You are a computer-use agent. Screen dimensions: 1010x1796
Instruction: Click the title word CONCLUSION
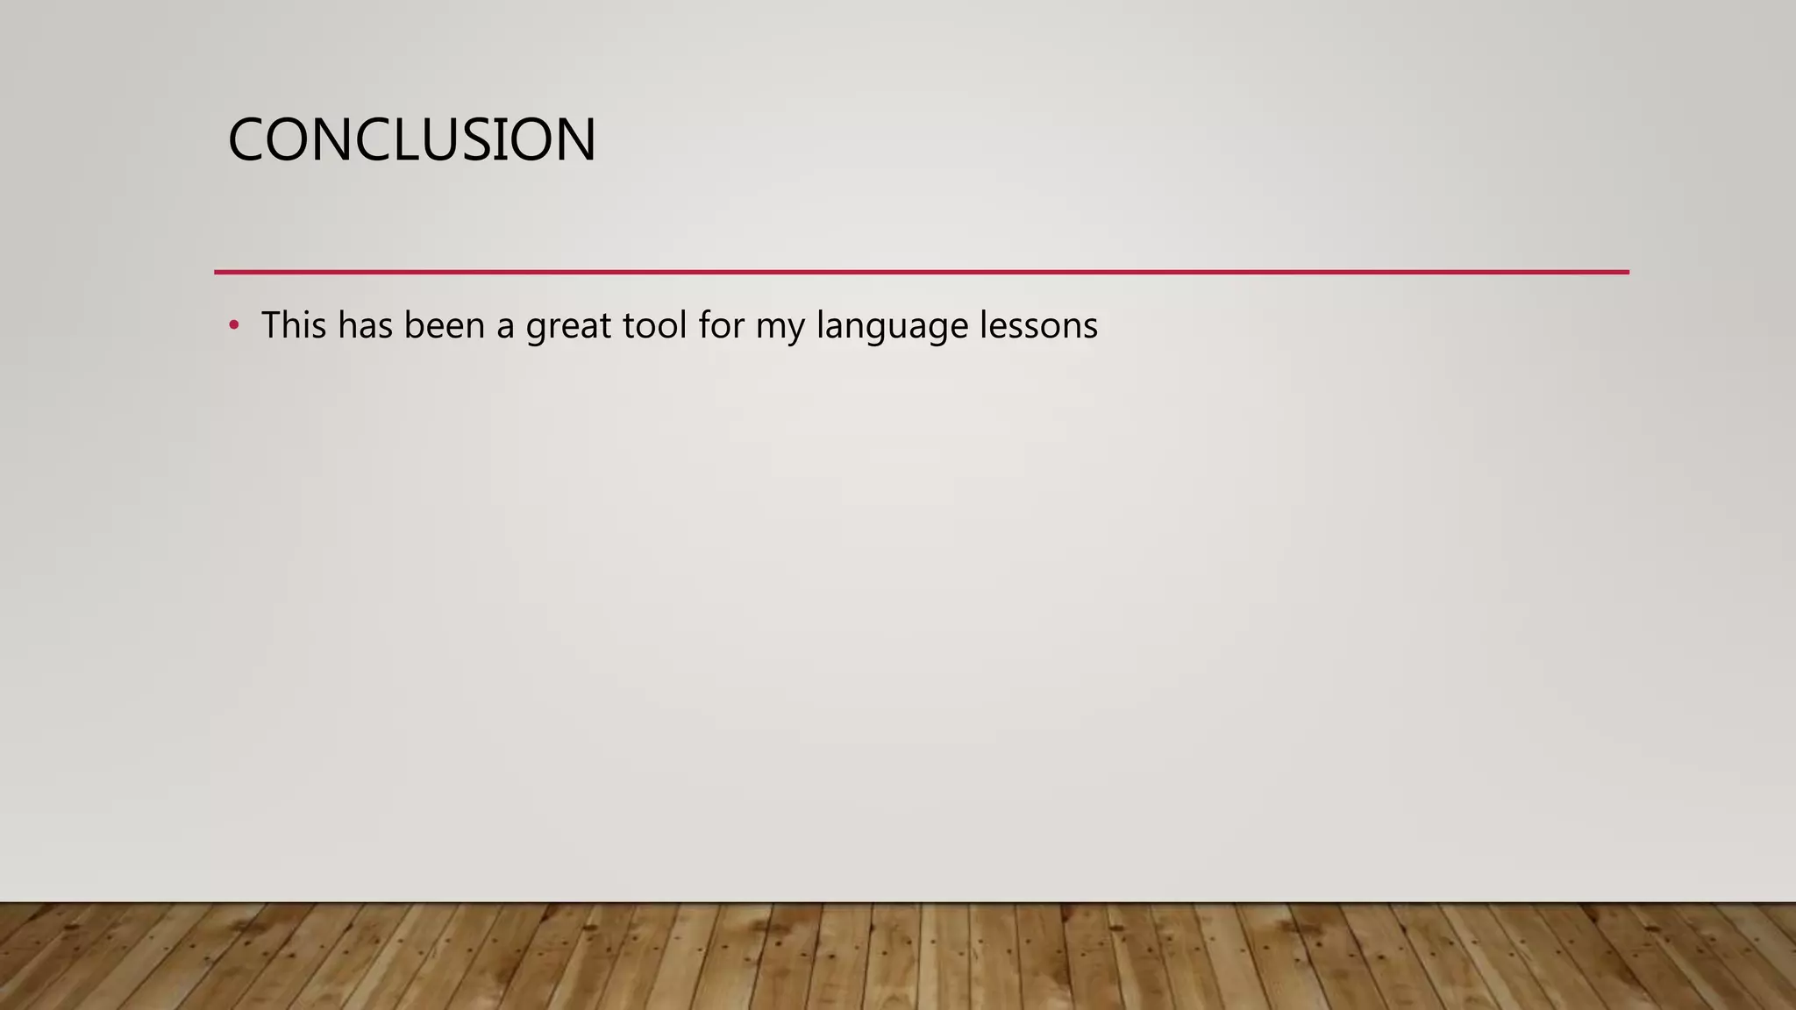[x=411, y=140]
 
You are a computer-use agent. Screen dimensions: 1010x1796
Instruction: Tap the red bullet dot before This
[x=233, y=326]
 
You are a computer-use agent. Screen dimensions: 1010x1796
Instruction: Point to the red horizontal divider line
[x=921, y=273]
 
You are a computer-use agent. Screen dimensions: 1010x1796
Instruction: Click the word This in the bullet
[x=294, y=325]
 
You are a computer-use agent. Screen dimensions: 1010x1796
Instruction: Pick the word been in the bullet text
[x=444, y=325]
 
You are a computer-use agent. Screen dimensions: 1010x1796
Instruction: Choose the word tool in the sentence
[x=655, y=325]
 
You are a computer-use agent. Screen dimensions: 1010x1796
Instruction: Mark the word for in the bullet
[x=721, y=325]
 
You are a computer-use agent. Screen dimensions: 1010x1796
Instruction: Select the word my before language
[x=780, y=329]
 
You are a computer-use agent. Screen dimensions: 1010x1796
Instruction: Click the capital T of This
[x=272, y=325]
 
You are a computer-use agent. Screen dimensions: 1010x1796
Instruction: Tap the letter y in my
[x=795, y=331]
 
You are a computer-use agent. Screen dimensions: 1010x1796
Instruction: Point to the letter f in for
[x=705, y=325]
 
